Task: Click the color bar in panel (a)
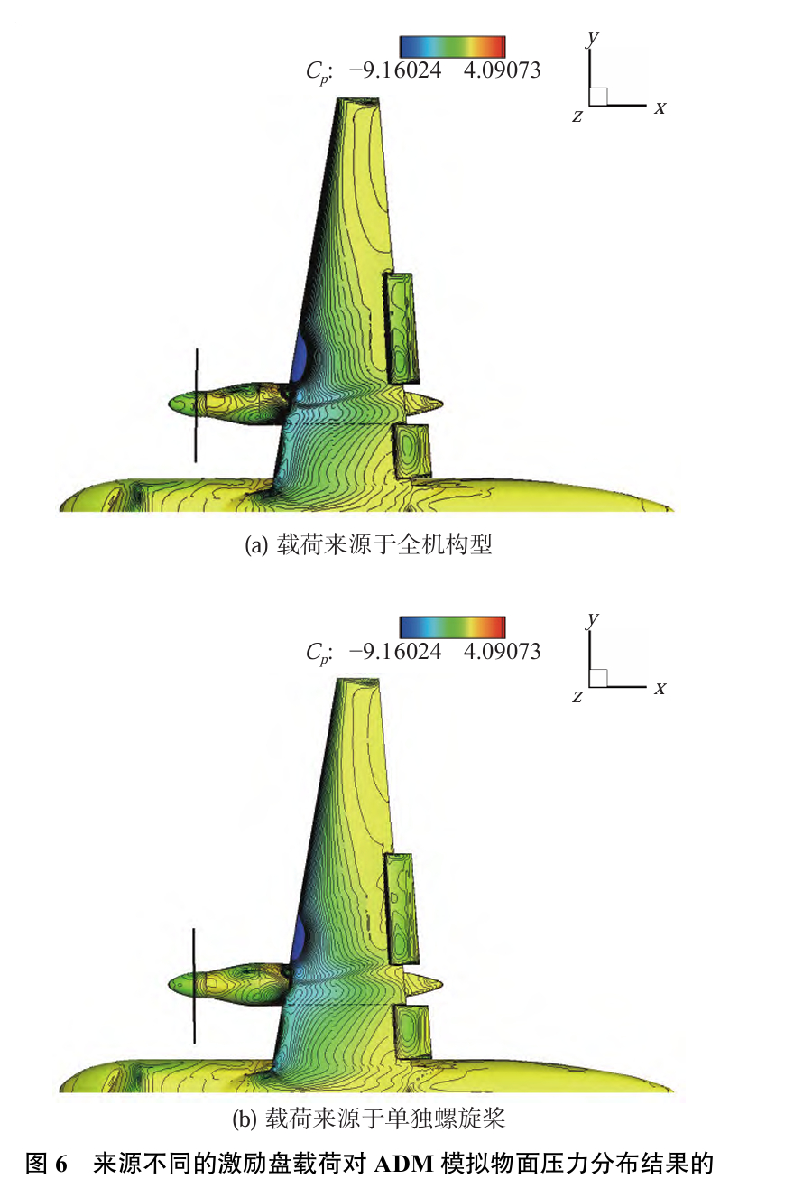click(452, 46)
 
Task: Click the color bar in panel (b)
click(452, 627)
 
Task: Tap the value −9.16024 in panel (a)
click(394, 70)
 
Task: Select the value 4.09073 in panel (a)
click(502, 70)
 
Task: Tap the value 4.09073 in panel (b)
click(502, 651)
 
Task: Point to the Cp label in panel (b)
click(318, 653)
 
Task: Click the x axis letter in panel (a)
click(660, 108)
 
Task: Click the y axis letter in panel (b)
click(593, 618)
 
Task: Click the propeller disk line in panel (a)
click(196, 405)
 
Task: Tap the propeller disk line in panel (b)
click(194, 985)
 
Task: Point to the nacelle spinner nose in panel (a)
click(173, 403)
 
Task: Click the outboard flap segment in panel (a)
click(402, 328)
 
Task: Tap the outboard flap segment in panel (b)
click(402, 908)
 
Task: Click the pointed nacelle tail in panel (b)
click(437, 982)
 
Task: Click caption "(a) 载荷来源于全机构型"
click(368, 545)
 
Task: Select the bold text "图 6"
click(47, 1163)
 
